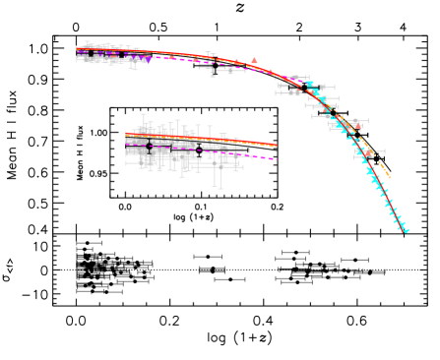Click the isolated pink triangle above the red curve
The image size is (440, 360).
click(254, 61)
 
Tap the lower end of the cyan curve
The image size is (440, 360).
click(407, 231)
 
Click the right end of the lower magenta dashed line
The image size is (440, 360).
click(277, 158)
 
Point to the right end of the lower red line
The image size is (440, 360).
click(277, 146)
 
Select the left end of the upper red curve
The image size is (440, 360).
click(77, 48)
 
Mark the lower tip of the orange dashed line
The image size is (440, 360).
click(390, 178)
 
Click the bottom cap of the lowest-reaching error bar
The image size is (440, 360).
click(219, 188)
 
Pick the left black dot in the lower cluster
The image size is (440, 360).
click(148, 146)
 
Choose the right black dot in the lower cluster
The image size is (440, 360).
click(197, 150)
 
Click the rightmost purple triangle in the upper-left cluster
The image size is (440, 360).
click(148, 59)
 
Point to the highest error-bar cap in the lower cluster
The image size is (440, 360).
click(144, 114)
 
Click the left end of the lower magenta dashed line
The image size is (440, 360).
click(126, 145)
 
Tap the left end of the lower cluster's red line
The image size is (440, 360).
click(126, 135)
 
